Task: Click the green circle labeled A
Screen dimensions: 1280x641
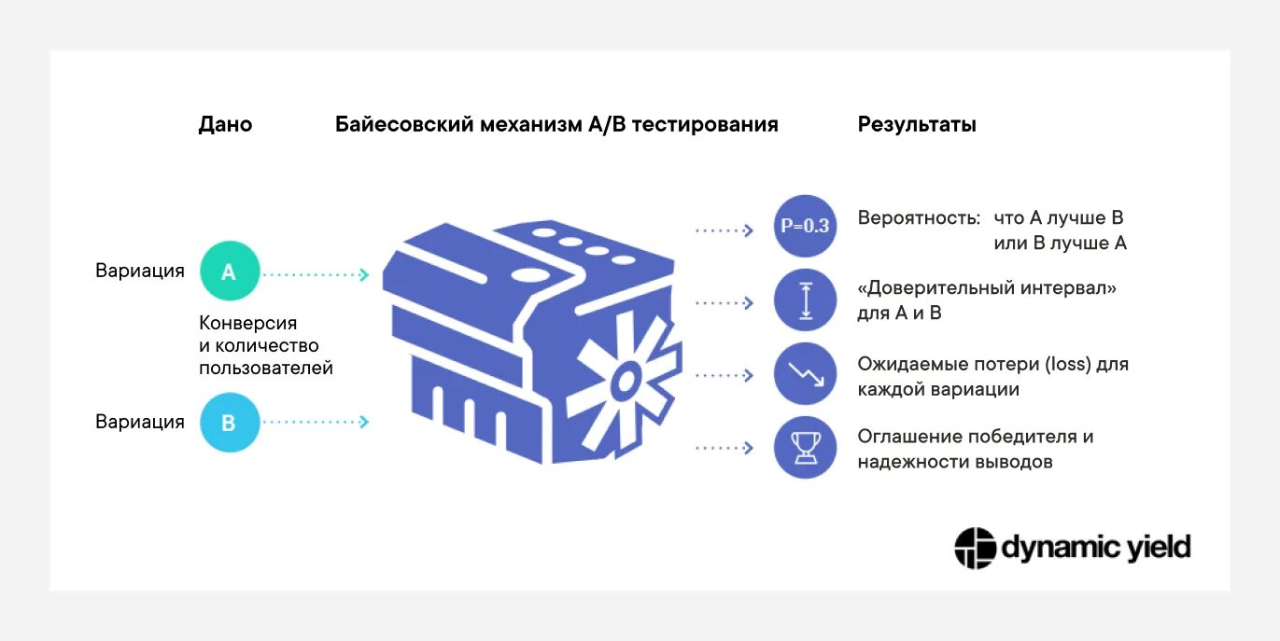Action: coord(229,272)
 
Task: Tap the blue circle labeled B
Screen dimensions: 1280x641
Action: coord(229,423)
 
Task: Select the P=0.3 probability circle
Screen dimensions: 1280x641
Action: coord(805,226)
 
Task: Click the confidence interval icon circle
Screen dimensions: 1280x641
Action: coord(805,300)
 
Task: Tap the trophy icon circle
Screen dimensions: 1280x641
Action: coord(805,448)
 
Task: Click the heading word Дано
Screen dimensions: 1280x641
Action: coord(225,125)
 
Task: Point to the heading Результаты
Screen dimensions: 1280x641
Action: coord(917,125)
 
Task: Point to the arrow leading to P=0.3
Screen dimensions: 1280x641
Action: coord(724,230)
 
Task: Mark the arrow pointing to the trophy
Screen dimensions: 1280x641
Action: coord(724,449)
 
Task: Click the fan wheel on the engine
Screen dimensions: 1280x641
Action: coord(623,376)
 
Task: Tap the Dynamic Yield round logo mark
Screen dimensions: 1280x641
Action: coord(975,548)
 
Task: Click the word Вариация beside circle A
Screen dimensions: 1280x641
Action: coord(140,272)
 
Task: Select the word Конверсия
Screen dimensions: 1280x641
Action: coord(247,324)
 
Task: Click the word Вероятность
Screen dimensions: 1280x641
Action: coord(919,218)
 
